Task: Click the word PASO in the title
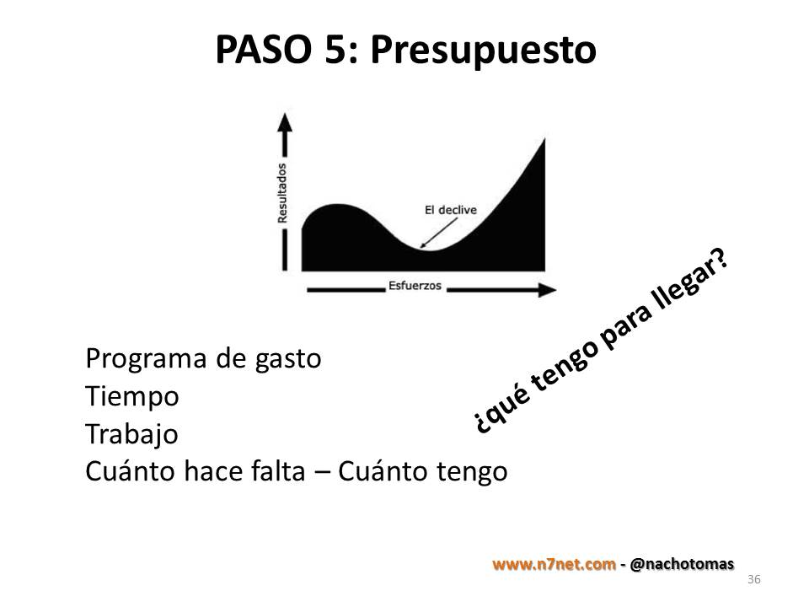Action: coord(263,50)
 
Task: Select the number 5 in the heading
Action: coord(336,50)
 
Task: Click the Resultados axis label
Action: coord(282,193)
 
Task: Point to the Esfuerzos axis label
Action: coord(415,286)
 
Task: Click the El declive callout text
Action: coord(450,210)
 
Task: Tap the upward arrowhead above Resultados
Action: coord(284,122)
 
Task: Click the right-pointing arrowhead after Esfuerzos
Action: coord(547,290)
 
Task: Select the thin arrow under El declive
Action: coord(438,234)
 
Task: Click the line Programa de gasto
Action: coord(203,359)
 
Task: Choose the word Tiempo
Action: coord(132,397)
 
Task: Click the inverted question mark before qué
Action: coord(481,423)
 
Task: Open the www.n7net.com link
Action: coord(555,564)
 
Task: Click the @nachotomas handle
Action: coord(682,564)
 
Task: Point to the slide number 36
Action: coord(753,579)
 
